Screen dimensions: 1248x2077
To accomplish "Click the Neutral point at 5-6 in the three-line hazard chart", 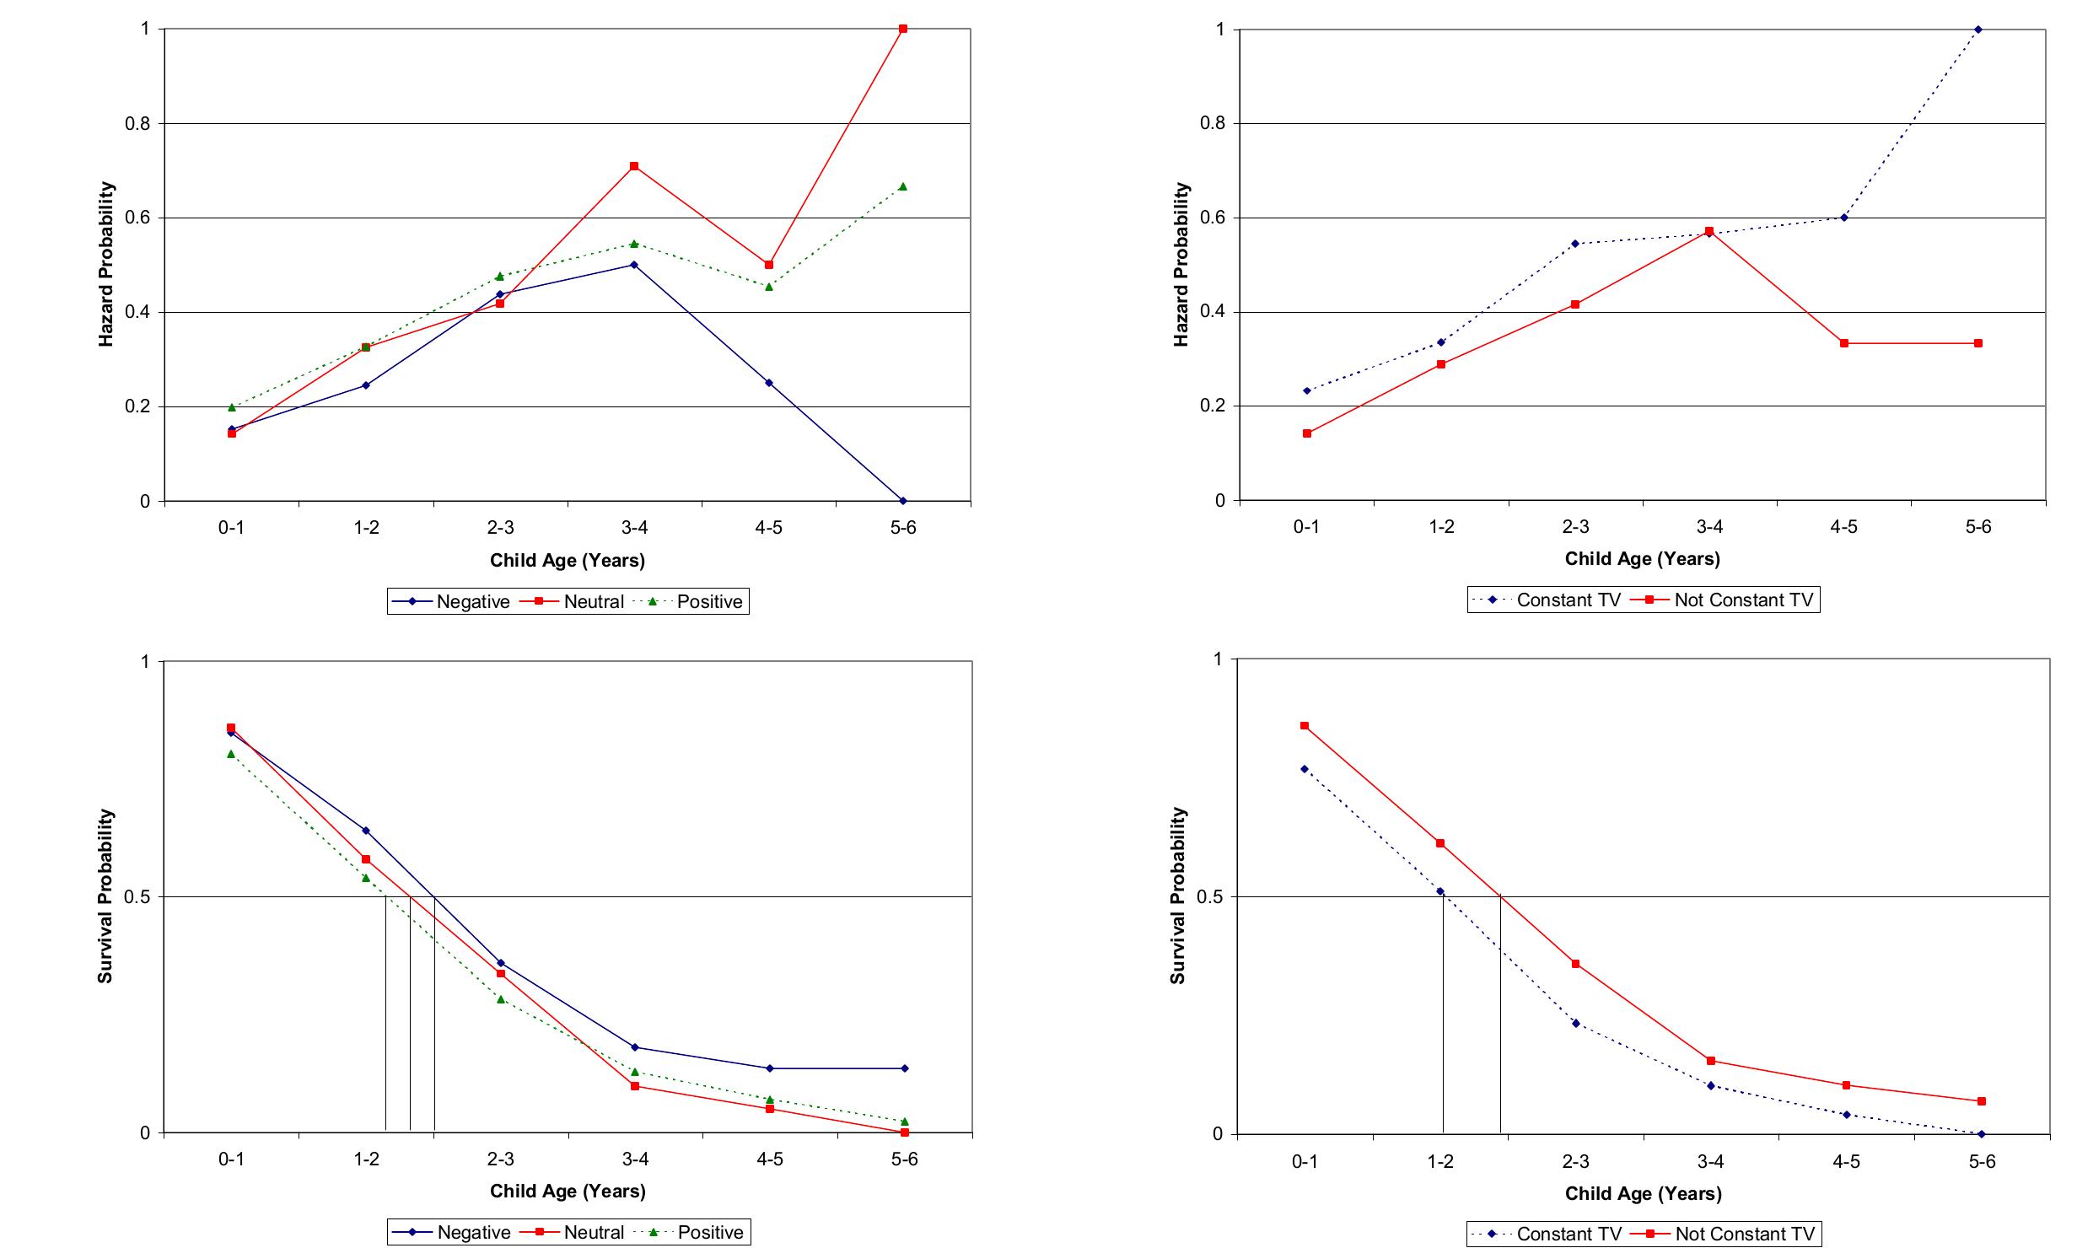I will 903,29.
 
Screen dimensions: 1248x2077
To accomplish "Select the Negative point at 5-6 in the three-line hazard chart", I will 903,501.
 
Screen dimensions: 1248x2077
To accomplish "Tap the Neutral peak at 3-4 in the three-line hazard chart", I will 634,166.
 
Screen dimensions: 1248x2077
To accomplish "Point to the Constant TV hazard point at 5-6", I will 1978,30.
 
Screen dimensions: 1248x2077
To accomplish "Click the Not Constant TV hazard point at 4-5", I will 1844,343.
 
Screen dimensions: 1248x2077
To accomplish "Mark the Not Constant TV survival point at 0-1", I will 1305,725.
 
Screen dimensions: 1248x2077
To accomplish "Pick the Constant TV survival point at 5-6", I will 1982,1134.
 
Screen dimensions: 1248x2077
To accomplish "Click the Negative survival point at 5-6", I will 905,1068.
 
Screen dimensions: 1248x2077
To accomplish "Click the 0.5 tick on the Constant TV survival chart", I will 1209,896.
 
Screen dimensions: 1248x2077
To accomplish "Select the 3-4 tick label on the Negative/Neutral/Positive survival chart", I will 635,1159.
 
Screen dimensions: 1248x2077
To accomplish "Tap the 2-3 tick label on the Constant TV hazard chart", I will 1575,526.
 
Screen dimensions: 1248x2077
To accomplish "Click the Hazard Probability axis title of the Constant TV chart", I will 1181,264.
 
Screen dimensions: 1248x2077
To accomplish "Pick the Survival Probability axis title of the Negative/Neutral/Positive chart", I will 105,896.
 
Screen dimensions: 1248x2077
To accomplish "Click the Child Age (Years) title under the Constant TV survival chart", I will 1643,1193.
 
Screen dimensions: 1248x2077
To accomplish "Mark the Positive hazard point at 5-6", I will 903,186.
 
